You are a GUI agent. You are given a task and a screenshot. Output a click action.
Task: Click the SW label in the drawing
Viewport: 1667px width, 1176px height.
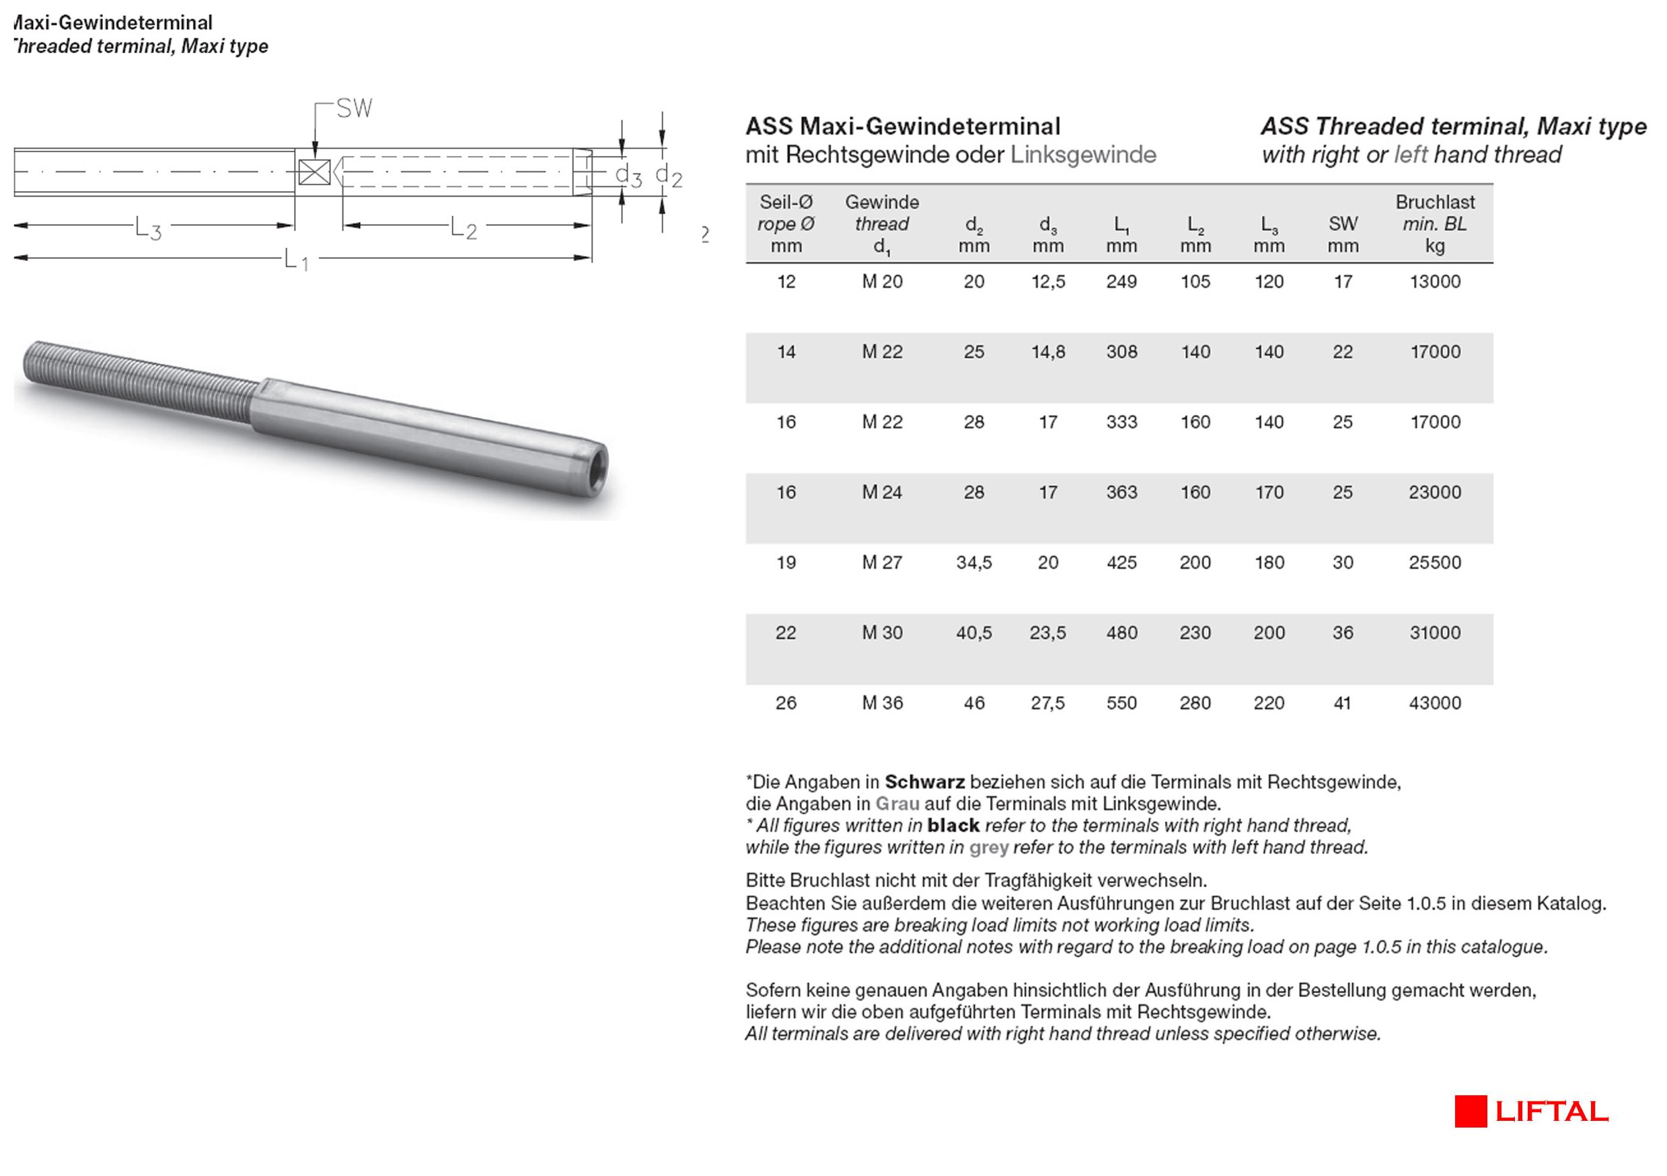point(355,109)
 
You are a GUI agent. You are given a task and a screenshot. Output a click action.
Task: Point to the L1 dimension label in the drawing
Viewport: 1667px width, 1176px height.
point(295,259)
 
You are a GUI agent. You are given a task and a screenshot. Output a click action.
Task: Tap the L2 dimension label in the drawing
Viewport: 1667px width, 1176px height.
point(464,228)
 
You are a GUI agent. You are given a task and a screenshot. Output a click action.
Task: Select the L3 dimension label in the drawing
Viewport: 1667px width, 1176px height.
point(148,229)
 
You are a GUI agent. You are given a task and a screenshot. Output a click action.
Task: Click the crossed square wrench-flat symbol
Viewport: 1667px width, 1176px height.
point(314,172)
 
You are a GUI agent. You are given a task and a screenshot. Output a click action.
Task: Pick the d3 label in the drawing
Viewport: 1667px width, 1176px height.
point(628,175)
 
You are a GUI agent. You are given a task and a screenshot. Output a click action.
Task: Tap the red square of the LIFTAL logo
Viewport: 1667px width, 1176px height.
point(1471,1111)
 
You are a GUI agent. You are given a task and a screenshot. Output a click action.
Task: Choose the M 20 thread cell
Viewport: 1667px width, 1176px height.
point(882,282)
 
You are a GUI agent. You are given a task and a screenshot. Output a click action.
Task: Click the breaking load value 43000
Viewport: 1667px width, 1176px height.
point(1435,702)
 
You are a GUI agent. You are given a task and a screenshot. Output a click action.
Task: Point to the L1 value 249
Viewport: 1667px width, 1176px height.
point(1121,282)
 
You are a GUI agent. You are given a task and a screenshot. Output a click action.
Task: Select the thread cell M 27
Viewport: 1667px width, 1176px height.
point(882,562)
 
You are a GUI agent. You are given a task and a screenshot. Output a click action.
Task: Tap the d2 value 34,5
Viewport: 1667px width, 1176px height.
point(973,562)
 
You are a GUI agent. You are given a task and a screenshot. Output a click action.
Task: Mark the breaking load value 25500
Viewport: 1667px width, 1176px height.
point(1435,562)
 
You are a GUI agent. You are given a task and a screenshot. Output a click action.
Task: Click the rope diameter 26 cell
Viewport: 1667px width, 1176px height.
point(786,702)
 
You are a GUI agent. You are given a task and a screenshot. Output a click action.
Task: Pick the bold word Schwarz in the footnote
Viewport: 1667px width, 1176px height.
point(924,782)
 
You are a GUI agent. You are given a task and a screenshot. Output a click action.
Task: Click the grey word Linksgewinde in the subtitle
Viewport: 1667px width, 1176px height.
point(1083,155)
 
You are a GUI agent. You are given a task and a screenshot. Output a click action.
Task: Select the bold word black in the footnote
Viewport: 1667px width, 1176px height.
point(953,825)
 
